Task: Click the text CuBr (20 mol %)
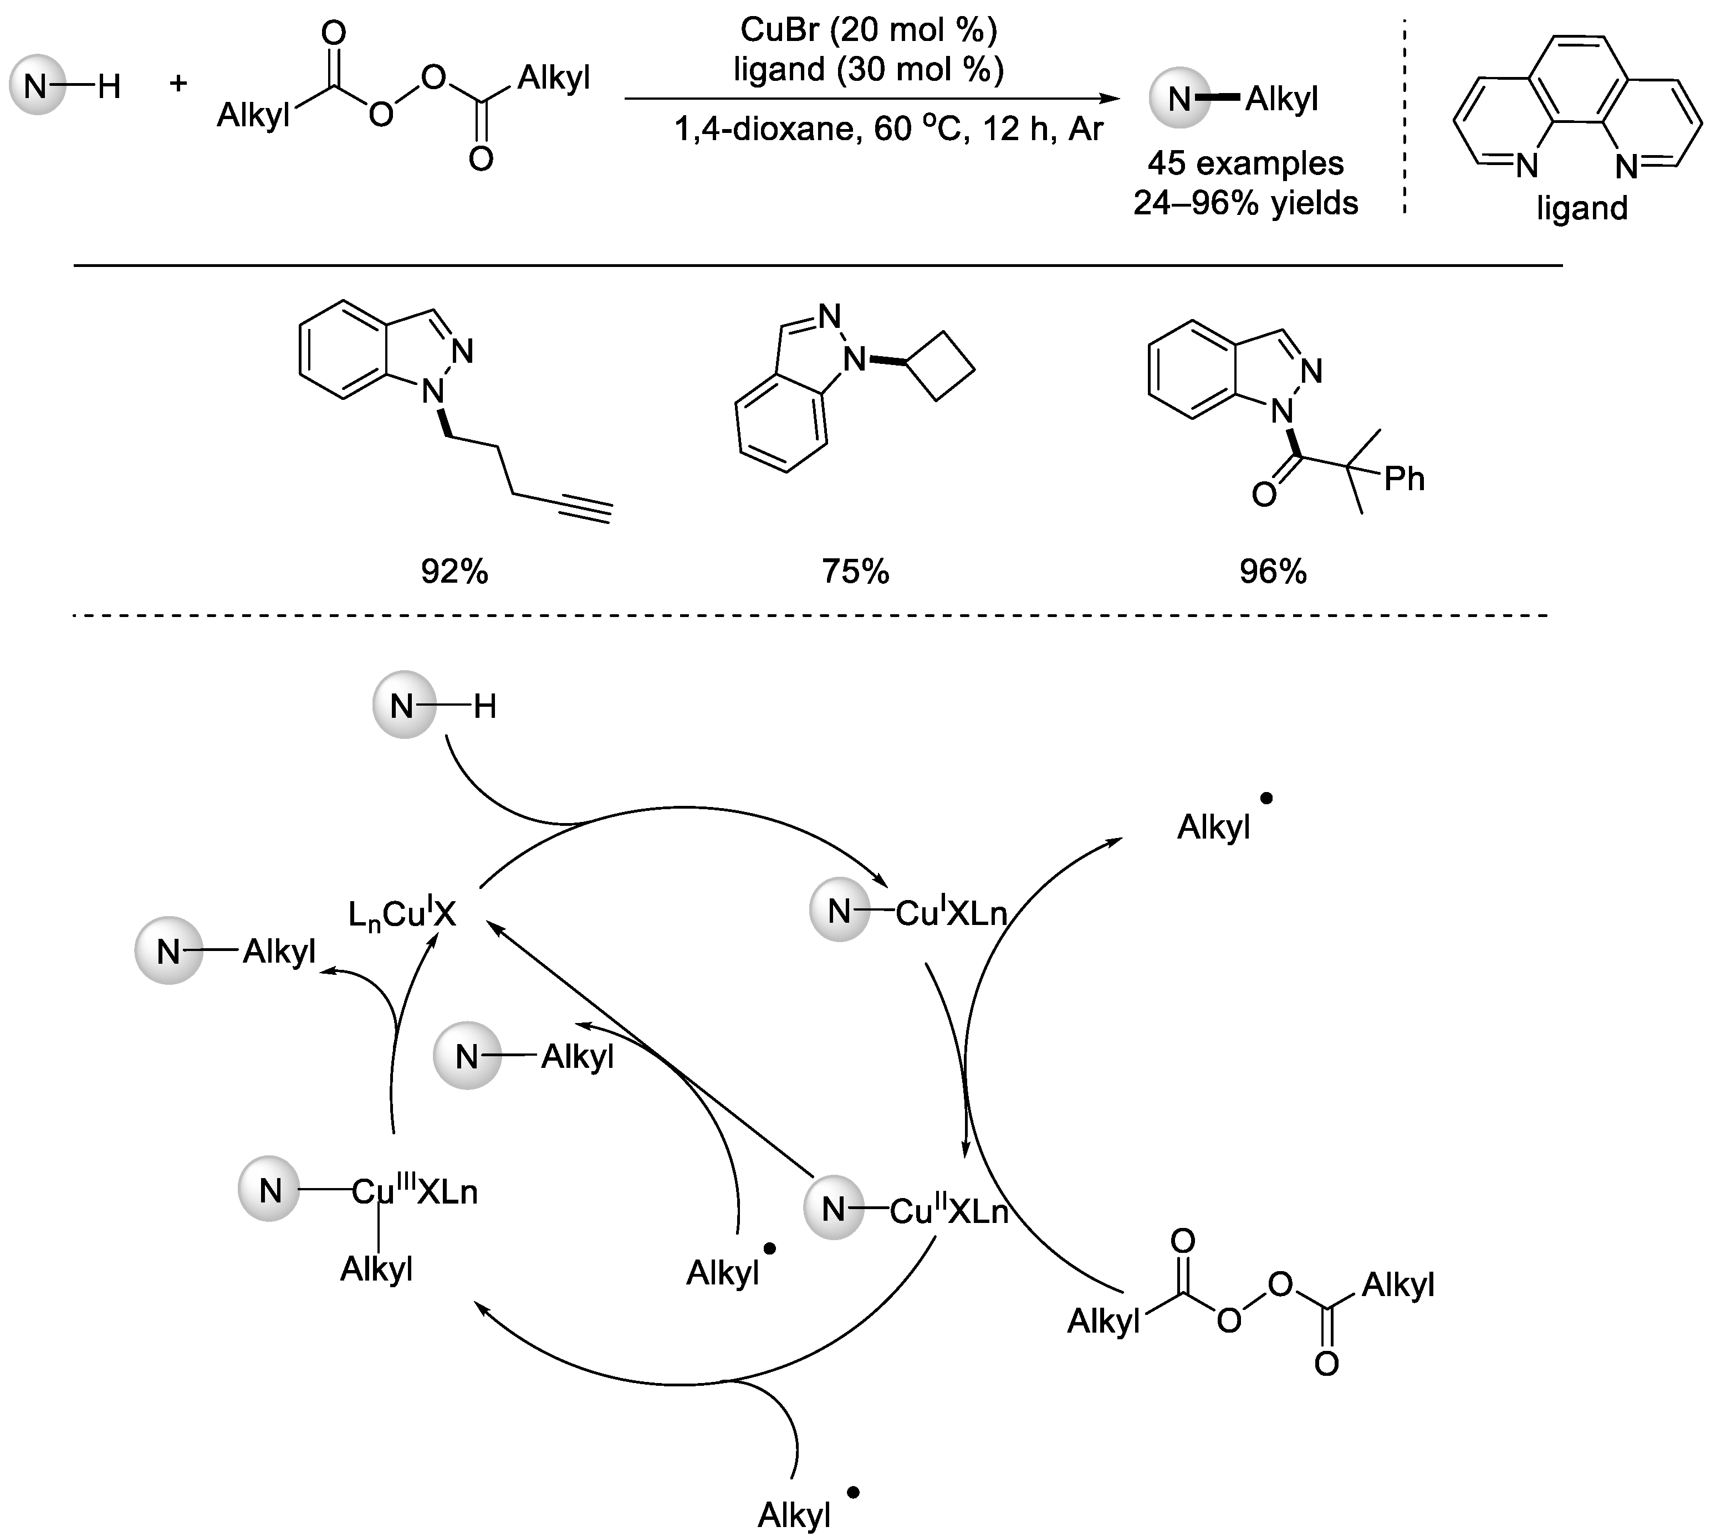coord(869,30)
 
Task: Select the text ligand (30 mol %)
coord(869,69)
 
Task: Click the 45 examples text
coord(1245,163)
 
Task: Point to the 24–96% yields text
coord(1245,203)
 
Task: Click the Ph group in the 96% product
coord(1404,480)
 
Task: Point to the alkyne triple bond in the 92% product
coord(583,509)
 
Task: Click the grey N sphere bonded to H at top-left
coord(37,85)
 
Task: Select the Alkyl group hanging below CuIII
coord(376,1268)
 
